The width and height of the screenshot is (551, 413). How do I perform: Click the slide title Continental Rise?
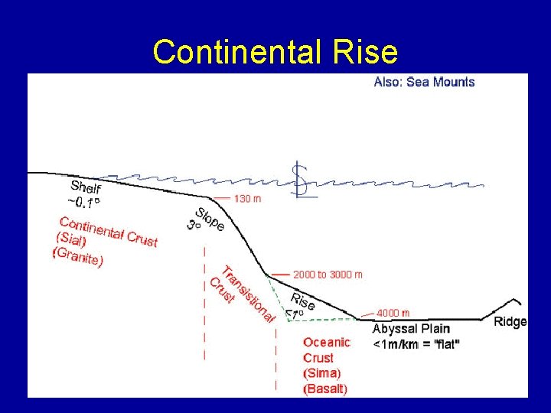click(x=275, y=52)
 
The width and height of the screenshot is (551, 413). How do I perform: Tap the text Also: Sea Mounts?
click(x=424, y=82)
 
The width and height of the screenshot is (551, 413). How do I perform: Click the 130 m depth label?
click(x=247, y=199)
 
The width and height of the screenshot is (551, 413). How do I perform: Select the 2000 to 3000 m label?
click(x=328, y=274)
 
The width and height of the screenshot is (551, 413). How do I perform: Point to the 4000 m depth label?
click(x=393, y=313)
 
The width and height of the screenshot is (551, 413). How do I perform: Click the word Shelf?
click(x=86, y=187)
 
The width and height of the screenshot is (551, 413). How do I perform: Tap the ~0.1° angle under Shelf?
click(x=83, y=203)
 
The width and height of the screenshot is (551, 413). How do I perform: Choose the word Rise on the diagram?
click(x=303, y=301)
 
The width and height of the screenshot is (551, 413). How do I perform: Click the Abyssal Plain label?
click(x=411, y=329)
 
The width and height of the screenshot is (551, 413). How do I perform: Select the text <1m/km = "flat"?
click(x=416, y=344)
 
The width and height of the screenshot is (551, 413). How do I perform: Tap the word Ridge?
click(x=510, y=321)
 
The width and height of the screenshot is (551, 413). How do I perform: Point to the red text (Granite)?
click(x=77, y=256)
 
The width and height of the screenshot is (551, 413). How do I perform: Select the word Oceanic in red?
click(x=326, y=342)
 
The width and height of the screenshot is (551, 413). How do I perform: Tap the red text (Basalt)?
click(x=325, y=389)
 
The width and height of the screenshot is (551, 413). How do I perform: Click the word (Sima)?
click(x=322, y=373)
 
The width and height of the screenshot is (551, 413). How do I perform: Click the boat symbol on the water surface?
click(x=303, y=181)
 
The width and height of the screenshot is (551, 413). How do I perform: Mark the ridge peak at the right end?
click(x=518, y=301)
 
